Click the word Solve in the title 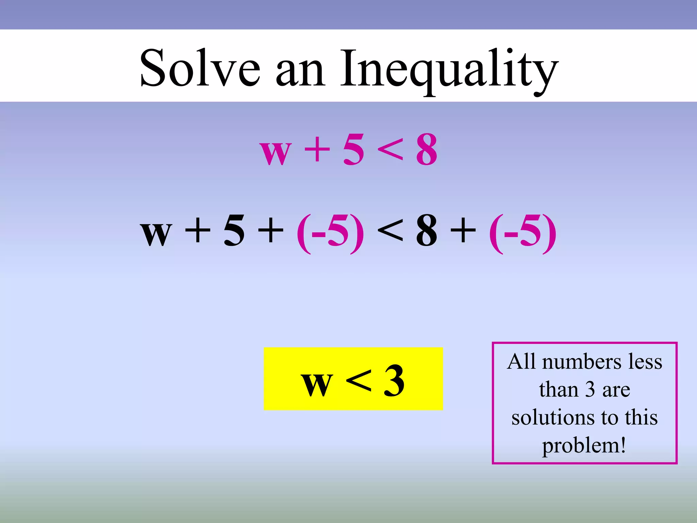pos(200,68)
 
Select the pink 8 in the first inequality pos(426,150)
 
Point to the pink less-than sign pos(390,150)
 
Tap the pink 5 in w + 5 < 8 pos(353,150)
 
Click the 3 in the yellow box pos(394,381)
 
